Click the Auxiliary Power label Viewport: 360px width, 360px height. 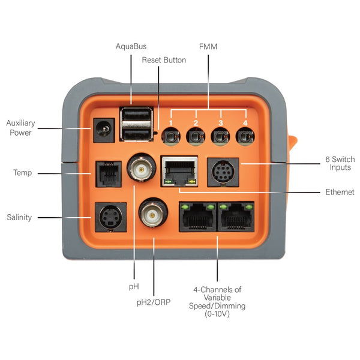pyautogui.click(x=20, y=128)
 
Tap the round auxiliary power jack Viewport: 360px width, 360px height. pyautogui.click(x=104, y=129)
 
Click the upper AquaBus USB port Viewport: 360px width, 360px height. pyautogui.click(x=136, y=116)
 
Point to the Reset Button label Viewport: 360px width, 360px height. pyautogui.click(x=164, y=60)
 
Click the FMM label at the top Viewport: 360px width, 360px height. pyautogui.click(x=208, y=46)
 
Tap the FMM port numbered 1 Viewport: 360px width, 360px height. pyautogui.click(x=170, y=137)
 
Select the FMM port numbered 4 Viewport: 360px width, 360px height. pyautogui.click(x=243, y=137)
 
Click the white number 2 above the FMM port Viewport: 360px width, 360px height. pyautogui.click(x=196, y=123)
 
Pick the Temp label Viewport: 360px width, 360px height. pyautogui.click(x=23, y=173)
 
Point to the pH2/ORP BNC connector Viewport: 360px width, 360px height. pyautogui.click(x=154, y=212)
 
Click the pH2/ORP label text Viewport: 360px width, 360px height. pyautogui.click(x=154, y=302)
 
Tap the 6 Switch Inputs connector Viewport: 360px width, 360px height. pyautogui.click(x=223, y=173)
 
